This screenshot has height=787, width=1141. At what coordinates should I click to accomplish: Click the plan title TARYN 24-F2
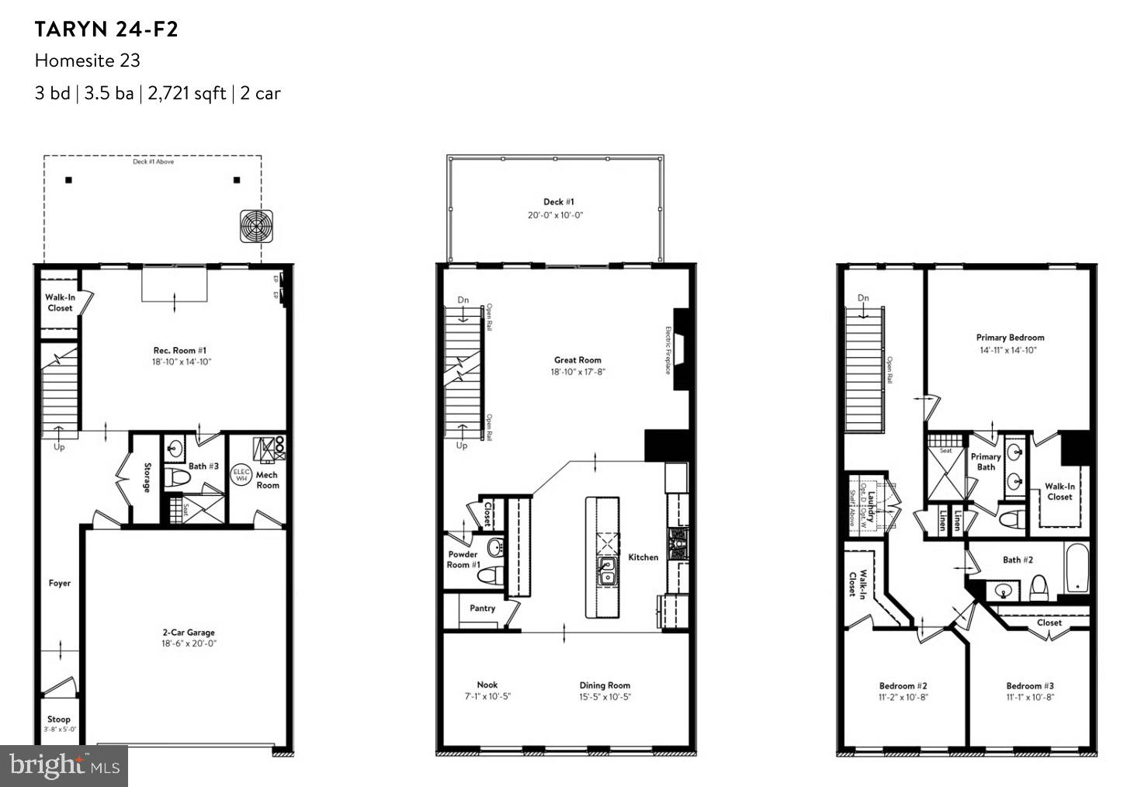pos(106,29)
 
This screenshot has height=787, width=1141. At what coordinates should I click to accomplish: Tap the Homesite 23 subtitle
pos(87,61)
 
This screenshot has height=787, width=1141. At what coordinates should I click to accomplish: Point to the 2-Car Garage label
pos(189,633)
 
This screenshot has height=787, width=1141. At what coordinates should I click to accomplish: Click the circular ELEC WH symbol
pos(241,474)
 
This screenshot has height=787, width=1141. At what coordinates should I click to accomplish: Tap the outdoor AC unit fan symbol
pos(257,227)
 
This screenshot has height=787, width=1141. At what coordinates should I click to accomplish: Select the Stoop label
pos(59,719)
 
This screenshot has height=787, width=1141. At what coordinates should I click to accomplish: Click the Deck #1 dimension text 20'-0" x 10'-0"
pos(555,215)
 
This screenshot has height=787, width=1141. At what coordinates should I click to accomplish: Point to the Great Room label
pos(577,360)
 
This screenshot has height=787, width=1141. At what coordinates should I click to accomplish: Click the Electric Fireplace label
pos(668,350)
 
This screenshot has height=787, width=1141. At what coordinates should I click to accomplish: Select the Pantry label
pos(482,608)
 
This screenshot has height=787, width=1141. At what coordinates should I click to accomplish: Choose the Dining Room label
pos(605,685)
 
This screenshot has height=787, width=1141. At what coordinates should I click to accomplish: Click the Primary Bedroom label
pos(1010,338)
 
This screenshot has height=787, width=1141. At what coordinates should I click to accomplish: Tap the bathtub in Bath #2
pos(1077,569)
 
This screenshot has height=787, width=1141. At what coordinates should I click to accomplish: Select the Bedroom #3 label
pos(1030,685)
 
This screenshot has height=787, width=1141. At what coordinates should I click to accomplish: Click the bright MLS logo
pos(64,766)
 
